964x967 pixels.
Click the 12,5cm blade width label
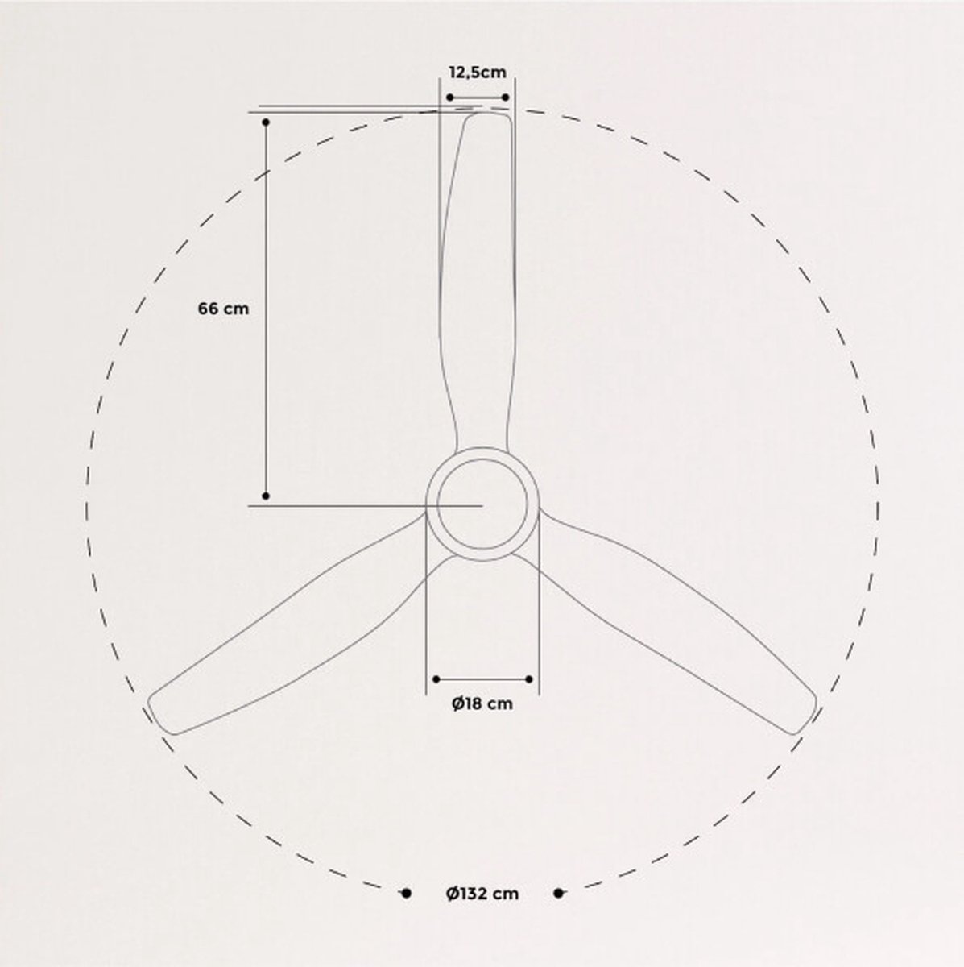478,73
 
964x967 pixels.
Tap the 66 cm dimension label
223,309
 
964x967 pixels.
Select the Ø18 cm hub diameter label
482,703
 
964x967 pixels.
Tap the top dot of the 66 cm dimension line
266,122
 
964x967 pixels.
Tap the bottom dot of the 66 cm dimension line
266,496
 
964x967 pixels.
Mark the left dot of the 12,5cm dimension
450,98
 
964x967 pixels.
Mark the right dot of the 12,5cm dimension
505,98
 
